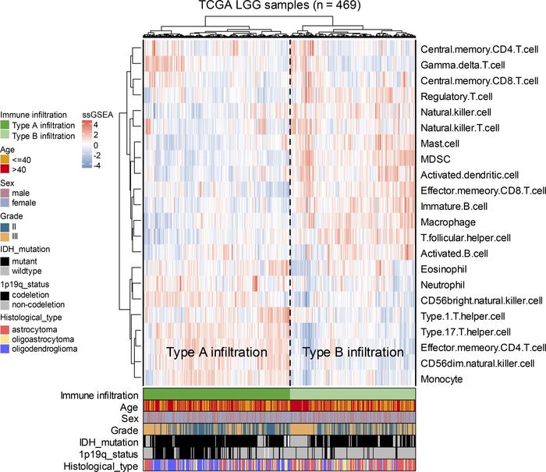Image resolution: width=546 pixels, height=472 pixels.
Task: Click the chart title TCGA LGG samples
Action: click(x=278, y=8)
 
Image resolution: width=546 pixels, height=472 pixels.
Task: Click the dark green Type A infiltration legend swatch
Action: click(x=5, y=125)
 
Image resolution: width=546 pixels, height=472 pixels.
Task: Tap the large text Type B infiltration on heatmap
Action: click(x=353, y=353)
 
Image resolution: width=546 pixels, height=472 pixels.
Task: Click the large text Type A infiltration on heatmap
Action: click(x=217, y=353)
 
